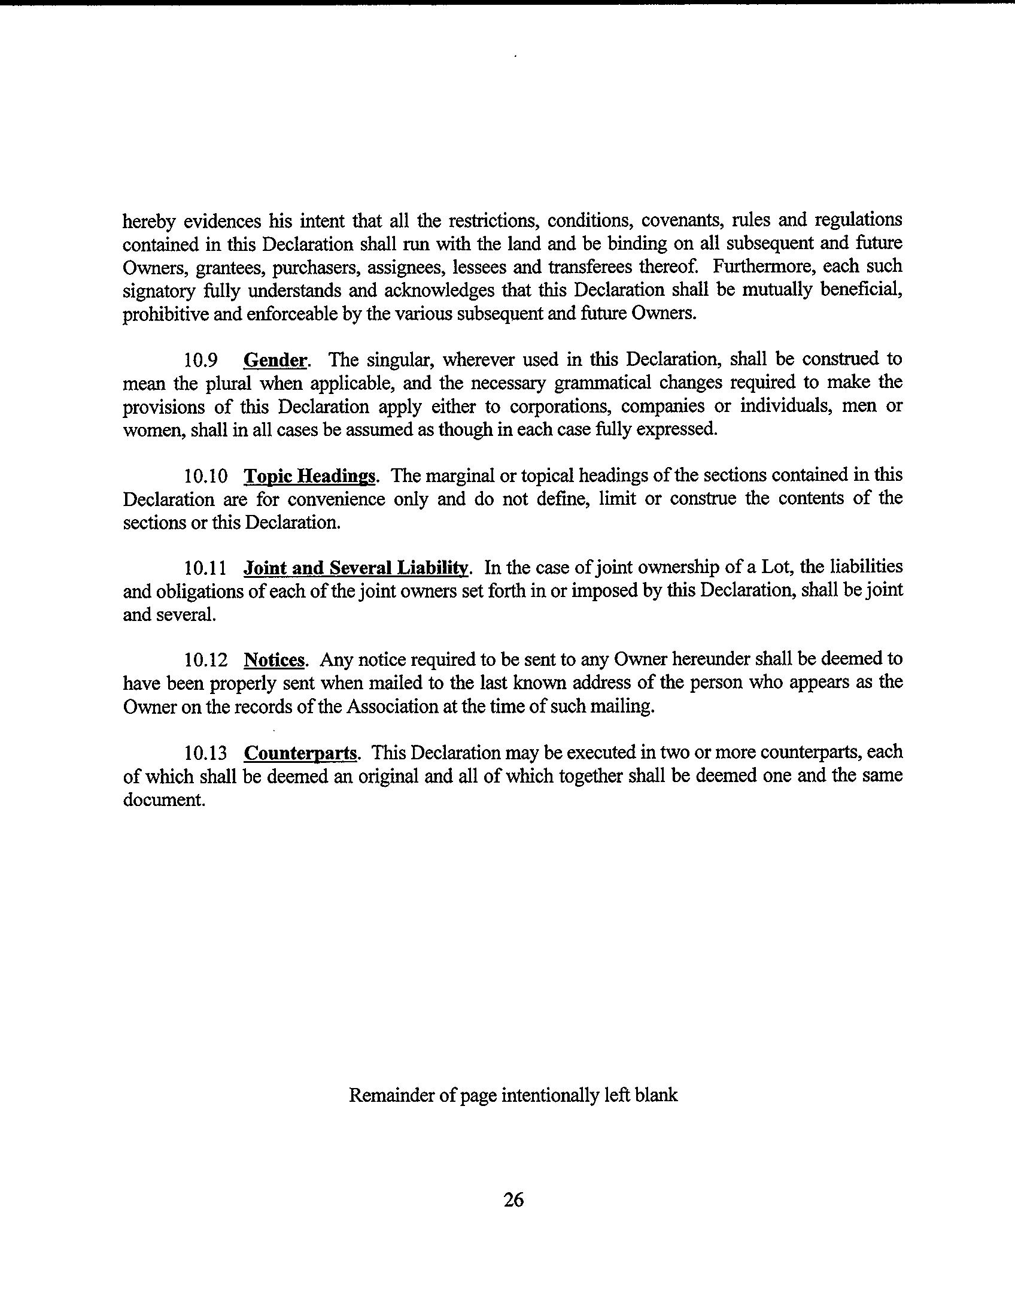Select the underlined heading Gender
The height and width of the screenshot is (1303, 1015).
[275, 360]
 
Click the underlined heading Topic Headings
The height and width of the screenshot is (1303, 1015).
[310, 477]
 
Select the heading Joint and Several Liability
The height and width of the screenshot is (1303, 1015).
[355, 568]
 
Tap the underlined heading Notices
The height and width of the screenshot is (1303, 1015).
[275, 660]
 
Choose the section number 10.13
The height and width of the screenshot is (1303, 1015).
[205, 753]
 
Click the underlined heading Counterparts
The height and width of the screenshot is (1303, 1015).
[301, 753]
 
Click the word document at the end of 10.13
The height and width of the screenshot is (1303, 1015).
[164, 800]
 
